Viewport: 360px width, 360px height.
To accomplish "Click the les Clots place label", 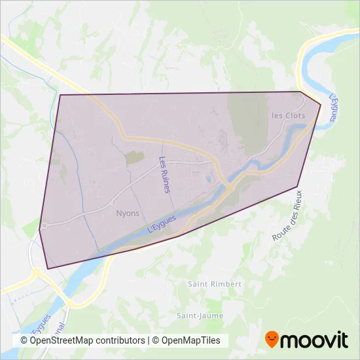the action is click(x=288, y=115).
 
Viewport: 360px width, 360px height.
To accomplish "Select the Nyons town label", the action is click(x=128, y=213).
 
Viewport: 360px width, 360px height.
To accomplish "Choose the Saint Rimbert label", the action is click(x=215, y=284).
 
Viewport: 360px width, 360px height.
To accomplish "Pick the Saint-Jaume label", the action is click(x=200, y=315).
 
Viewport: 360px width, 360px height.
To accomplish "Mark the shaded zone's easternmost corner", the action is click(x=321, y=105).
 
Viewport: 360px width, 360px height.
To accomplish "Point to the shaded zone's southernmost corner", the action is click(x=48, y=268).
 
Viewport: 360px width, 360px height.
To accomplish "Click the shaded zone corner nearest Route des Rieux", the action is click(x=298, y=187).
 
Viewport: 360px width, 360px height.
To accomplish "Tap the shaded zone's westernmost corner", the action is click(x=39, y=230).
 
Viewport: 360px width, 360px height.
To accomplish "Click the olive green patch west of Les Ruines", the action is click(x=135, y=158).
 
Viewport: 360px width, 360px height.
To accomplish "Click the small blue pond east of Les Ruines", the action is click(x=208, y=177).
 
